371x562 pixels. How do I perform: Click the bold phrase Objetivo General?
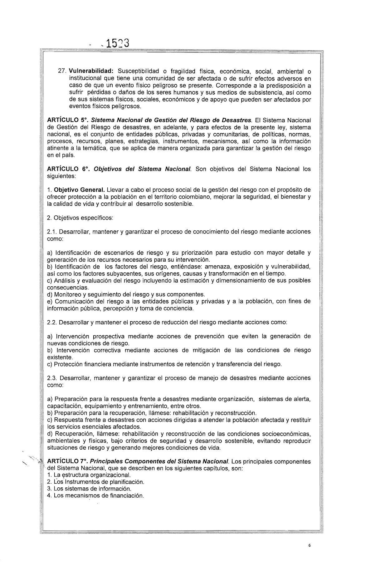pyautogui.click(x=79, y=190)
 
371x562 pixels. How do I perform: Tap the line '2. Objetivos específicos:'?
pyautogui.click(x=80, y=218)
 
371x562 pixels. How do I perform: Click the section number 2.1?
pyautogui.click(x=51, y=232)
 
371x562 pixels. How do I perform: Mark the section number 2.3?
pyautogui.click(x=51, y=378)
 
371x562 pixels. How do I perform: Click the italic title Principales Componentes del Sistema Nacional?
pyautogui.click(x=159, y=461)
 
